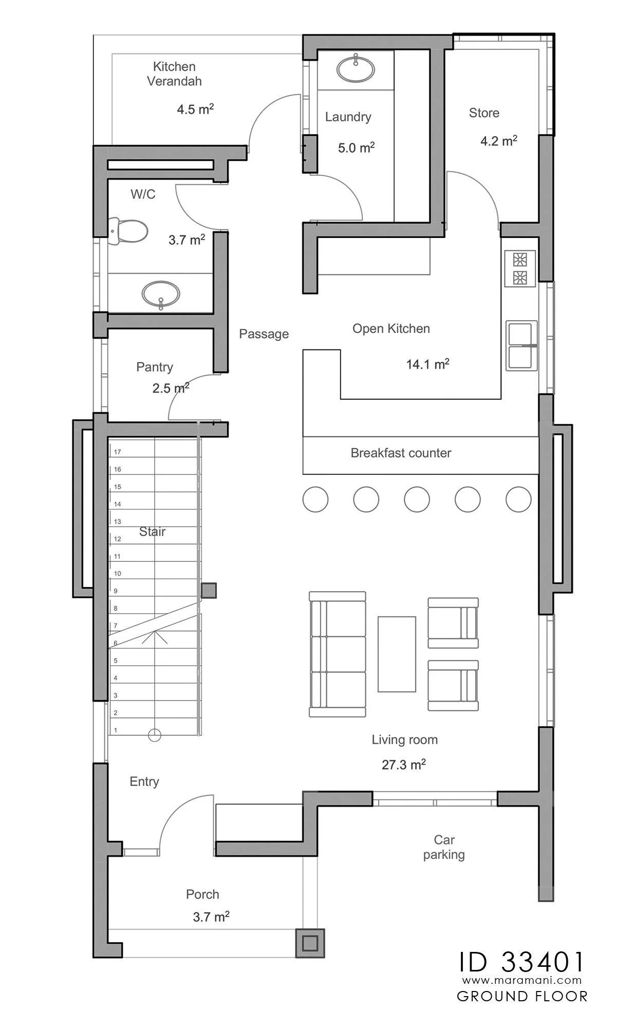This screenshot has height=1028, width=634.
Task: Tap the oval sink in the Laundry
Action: [356, 69]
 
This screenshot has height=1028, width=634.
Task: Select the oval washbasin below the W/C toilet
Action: [161, 295]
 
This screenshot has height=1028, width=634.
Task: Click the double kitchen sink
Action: [521, 345]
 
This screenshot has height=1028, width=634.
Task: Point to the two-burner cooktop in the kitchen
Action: [520, 268]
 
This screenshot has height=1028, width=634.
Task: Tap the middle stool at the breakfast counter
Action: [417, 499]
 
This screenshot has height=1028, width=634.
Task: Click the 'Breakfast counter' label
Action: [401, 453]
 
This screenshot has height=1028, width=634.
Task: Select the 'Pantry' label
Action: [155, 367]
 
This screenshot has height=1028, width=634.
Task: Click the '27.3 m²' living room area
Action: [404, 764]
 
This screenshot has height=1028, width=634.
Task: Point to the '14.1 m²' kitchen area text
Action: [428, 364]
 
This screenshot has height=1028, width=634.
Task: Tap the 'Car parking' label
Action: [444, 847]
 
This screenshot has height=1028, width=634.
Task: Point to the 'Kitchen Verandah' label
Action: [175, 74]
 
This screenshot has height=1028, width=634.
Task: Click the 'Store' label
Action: [484, 113]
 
